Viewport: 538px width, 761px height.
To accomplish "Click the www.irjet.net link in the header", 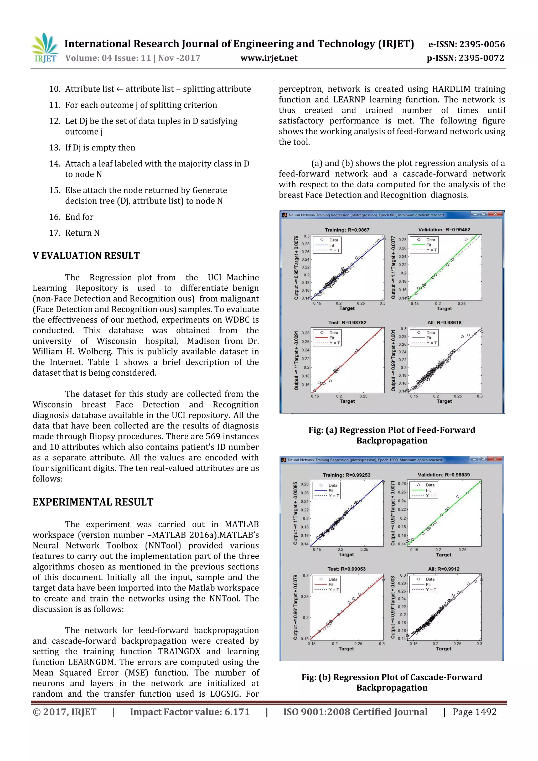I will pyautogui.click(x=269, y=58).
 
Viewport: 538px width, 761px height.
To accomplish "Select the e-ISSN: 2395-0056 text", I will pyautogui.click(x=466, y=44).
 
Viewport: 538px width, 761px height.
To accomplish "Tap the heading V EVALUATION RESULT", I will pyautogui.click(x=86, y=256).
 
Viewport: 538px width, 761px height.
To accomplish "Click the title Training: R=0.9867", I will pyautogui.click(x=347, y=230).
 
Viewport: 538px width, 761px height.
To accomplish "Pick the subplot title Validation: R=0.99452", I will pyautogui.click(x=444, y=229).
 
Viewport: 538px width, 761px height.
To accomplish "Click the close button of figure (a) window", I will pyautogui.click(x=495, y=214).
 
